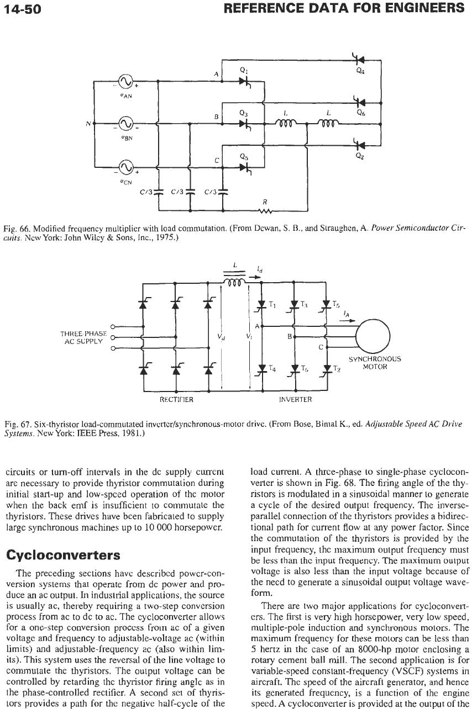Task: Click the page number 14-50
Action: pos(23,9)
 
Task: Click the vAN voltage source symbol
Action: pos(125,81)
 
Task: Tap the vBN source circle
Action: pos(125,124)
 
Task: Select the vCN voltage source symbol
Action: pos(125,167)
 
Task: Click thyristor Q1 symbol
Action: pos(244,82)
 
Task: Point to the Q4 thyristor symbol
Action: pos(359,59)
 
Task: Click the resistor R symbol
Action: pos(265,211)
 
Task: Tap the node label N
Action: pos(88,124)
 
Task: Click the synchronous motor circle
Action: pos(373,336)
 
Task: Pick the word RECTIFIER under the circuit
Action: pos(176,399)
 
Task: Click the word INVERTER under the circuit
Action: pos(295,399)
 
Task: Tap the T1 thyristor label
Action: pos(272,305)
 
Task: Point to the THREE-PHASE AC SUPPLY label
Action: pos(83,337)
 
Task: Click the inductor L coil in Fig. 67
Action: pos(234,282)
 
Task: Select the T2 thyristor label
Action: pos(337,369)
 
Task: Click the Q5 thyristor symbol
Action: pos(244,167)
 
